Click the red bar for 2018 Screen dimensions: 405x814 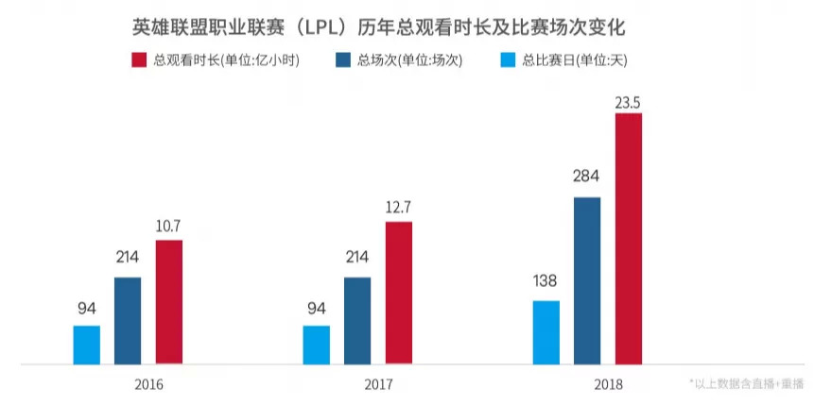629,238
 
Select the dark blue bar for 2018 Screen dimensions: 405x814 587,280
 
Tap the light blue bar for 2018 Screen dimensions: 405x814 546,332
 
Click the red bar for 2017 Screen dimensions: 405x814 398,293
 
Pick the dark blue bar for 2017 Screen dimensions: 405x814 357,320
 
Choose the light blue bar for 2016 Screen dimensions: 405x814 86,345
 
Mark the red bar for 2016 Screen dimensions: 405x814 169,301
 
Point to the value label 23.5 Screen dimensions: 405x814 629,101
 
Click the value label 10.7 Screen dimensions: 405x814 169,227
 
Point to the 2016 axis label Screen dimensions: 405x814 148,385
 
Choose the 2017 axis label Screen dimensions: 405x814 378,385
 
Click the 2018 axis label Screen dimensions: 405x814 608,385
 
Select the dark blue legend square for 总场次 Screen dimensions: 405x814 343,60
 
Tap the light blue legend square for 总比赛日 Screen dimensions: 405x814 507,60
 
